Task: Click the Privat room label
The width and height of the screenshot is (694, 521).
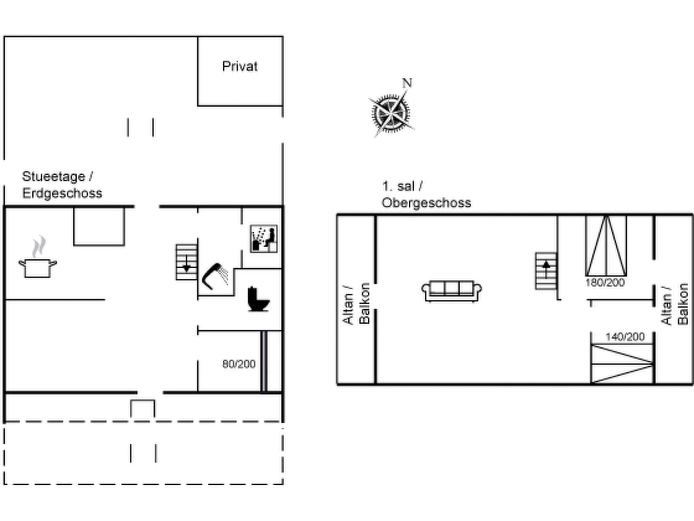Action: point(240,66)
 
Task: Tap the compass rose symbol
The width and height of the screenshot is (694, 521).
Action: point(391,113)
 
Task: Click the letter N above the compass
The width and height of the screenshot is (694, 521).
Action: point(407,83)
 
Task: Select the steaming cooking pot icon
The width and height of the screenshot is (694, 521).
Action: point(38,259)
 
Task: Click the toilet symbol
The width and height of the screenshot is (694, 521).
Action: point(258,300)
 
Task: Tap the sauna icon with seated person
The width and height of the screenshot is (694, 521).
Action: point(264,239)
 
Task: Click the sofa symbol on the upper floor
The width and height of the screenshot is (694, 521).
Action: point(452,291)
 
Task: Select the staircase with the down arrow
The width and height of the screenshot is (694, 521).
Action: point(186,262)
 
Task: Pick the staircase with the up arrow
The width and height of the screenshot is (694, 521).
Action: point(546,271)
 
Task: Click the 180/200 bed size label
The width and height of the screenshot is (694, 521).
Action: point(605,283)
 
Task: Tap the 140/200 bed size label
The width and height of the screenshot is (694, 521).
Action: point(625,337)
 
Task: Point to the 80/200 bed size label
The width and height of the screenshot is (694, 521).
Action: point(239,364)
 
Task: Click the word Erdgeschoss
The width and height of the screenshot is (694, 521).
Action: point(62,193)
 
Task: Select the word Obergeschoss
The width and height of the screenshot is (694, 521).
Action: point(426,203)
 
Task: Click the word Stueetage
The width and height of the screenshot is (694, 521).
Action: point(54,176)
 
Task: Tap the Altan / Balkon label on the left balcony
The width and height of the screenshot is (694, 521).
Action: point(356,304)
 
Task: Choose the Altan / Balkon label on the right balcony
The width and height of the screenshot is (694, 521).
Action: point(674,305)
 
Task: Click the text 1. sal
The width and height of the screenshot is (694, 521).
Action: point(398,186)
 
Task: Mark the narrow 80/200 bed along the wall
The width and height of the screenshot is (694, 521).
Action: point(264,361)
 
